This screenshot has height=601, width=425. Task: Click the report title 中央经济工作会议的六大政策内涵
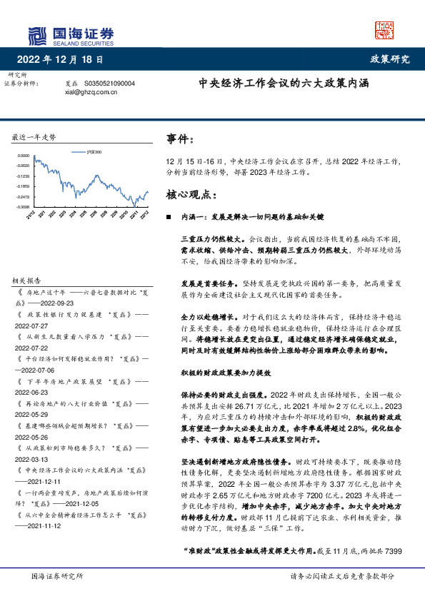tap(284, 83)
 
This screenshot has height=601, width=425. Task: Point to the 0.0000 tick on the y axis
tap(24, 156)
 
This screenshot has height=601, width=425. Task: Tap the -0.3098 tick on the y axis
tap(24, 207)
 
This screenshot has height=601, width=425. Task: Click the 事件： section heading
tap(179, 139)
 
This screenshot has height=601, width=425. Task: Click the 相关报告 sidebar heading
tap(31, 280)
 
